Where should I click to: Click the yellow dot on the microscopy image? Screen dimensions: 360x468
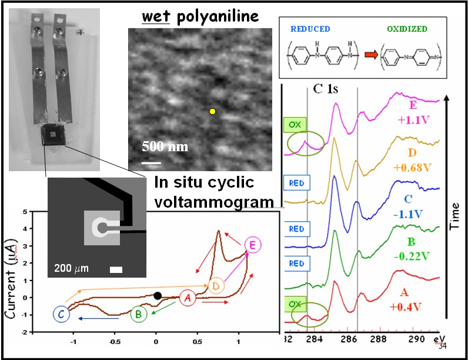(212, 111)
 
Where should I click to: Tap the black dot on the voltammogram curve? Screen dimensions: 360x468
(157, 296)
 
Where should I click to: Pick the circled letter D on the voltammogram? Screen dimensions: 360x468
(216, 286)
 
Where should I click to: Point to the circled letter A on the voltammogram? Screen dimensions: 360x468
(188, 298)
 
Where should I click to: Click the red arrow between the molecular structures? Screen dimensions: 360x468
(371, 56)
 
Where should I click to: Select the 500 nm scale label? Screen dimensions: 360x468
(165, 146)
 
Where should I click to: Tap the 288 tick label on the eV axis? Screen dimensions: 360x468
(382, 339)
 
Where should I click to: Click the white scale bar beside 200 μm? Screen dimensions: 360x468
(116, 269)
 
